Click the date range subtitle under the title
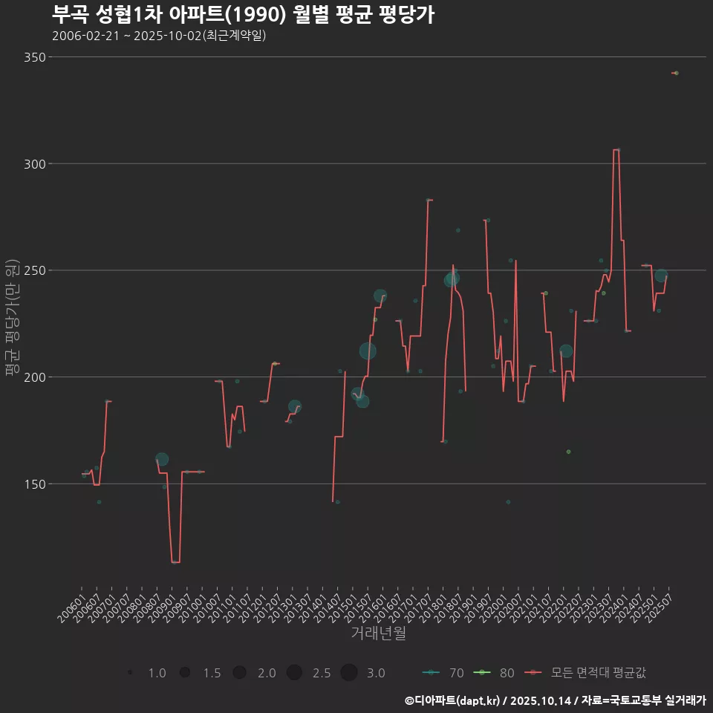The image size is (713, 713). click(159, 36)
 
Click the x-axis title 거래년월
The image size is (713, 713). click(378, 634)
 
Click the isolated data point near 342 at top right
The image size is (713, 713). click(676, 73)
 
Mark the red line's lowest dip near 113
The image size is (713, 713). click(175, 562)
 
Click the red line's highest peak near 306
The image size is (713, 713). click(616, 150)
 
